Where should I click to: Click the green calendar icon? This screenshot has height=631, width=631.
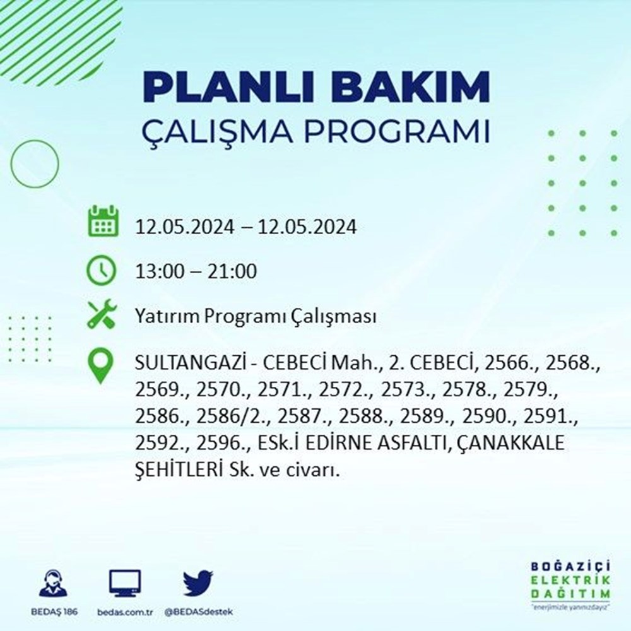(102, 221)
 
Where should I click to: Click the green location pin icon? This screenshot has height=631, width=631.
(102, 367)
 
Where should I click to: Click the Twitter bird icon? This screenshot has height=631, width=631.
(198, 584)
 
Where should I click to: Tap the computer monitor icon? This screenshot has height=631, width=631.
(125, 584)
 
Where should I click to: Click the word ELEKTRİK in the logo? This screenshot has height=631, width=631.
(570, 581)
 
